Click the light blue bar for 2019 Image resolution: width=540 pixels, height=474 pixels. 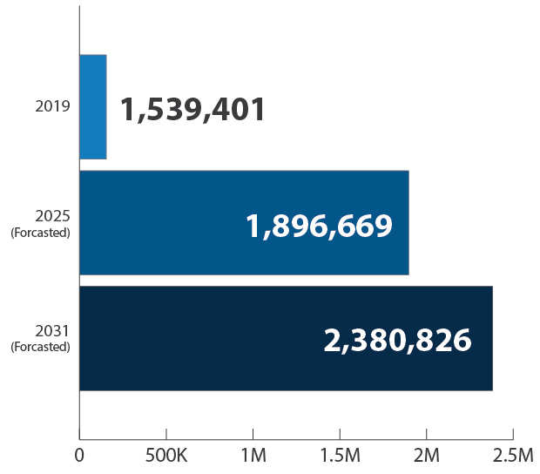[x=93, y=106]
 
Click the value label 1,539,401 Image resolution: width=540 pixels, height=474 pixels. [x=192, y=110]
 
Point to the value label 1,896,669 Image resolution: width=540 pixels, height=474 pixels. [x=319, y=227]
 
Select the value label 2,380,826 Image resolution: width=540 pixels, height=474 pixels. [x=397, y=341]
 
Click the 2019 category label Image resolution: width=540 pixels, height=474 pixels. [x=52, y=106]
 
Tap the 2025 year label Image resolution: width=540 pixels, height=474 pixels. [x=52, y=216]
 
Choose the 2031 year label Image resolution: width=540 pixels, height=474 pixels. [x=52, y=331]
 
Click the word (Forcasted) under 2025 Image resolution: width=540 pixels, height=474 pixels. [x=40, y=233]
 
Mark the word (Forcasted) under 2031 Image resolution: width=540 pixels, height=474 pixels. [x=40, y=347]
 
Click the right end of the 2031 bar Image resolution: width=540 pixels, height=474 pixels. [x=491, y=338]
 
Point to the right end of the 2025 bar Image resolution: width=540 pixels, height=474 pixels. [x=408, y=223]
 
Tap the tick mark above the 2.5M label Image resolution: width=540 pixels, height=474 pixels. [x=513, y=434]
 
